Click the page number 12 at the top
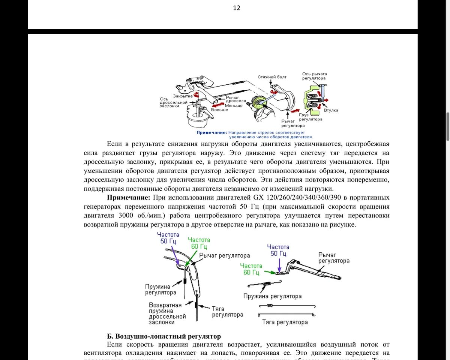point(236,8)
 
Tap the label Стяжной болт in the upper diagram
point(272,77)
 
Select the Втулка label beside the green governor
point(331,110)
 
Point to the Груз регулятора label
point(310,117)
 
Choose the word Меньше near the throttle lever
point(234,105)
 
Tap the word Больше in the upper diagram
point(219,109)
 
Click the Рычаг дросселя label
point(236,99)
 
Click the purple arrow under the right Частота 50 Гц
point(278,263)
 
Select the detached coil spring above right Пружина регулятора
point(267,284)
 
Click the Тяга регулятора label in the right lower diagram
point(285,322)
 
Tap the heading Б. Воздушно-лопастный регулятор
point(164,336)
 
